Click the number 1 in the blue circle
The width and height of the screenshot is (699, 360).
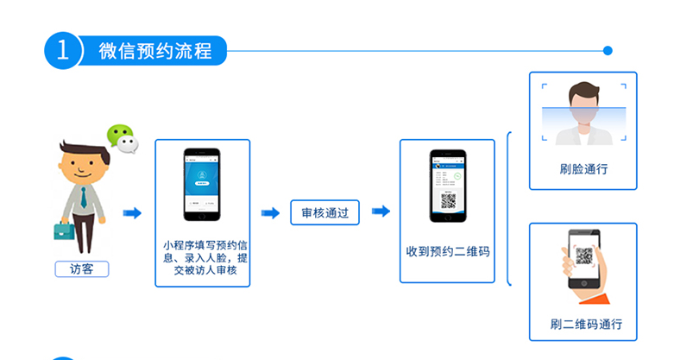point(61,50)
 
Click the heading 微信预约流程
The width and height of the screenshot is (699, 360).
point(154,50)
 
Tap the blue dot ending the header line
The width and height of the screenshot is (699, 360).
point(608,50)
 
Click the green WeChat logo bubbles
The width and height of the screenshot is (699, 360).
point(122,138)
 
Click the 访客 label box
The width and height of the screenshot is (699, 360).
point(82,268)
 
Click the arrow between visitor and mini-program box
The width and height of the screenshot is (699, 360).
point(131,212)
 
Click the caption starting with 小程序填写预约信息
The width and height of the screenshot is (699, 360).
point(205,257)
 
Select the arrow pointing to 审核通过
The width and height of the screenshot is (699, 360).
point(270,212)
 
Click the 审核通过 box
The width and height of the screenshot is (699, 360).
point(324,212)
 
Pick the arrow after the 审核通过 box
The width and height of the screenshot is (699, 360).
point(380,212)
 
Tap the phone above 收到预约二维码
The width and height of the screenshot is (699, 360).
point(448,185)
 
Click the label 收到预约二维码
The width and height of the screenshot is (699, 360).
point(448,252)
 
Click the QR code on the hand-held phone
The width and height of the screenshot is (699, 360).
point(585,256)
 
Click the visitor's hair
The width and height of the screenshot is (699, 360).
point(75,144)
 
